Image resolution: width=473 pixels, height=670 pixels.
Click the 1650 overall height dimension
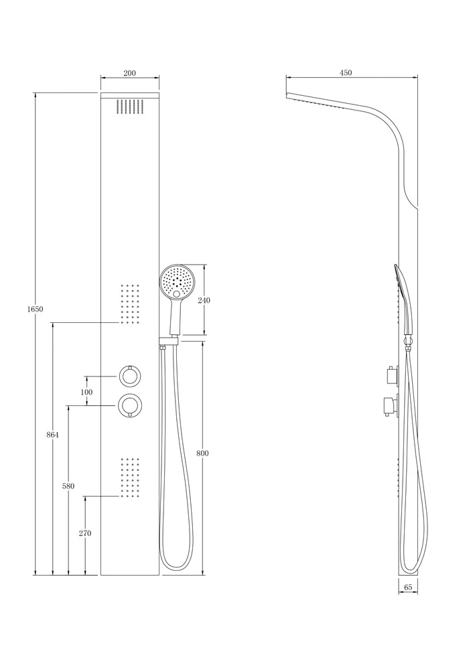(x=36, y=308)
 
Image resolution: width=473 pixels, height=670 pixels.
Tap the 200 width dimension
(x=129, y=72)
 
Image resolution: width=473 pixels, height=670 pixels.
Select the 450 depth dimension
(x=346, y=72)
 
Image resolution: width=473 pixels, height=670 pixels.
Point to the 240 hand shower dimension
(x=204, y=300)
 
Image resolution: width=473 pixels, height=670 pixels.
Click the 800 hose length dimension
(x=202, y=453)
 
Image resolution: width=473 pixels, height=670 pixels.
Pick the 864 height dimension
(x=52, y=435)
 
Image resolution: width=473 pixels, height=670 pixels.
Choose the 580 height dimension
(x=68, y=486)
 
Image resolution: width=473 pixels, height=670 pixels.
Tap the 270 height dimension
(x=86, y=533)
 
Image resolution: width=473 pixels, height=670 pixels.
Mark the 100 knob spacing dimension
(x=86, y=392)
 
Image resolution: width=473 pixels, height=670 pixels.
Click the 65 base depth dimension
(x=408, y=587)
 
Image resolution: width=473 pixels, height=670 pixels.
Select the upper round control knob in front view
(x=129, y=377)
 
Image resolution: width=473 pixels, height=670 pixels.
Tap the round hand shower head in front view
(x=176, y=281)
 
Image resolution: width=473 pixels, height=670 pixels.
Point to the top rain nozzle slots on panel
(x=131, y=107)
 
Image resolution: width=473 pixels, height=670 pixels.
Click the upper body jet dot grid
(x=131, y=304)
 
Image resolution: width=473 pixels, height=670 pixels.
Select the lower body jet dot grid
(x=131, y=478)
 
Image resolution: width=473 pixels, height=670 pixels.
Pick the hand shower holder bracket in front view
(x=168, y=340)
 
